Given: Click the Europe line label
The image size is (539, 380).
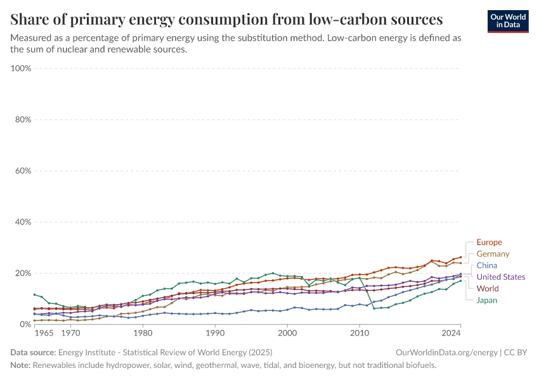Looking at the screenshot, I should click(489, 243).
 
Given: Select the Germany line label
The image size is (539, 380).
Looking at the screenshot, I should click(493, 254).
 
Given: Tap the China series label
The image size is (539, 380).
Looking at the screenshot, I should click(487, 265).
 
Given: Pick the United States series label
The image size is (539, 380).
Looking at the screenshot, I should click(501, 277).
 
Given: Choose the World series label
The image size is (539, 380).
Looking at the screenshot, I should click(488, 289).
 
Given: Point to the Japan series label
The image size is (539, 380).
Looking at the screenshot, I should click(487, 300).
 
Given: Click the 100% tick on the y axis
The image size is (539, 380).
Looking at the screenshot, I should click(22, 68).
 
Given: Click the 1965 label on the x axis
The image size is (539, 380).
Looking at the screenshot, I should click(44, 333).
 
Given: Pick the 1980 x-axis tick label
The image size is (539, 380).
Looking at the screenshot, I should click(143, 333).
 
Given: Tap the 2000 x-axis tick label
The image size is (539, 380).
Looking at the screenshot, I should click(287, 333).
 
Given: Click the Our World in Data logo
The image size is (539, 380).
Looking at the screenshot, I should click(508, 21).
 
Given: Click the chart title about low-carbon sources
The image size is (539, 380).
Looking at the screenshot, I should click(226, 18).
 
